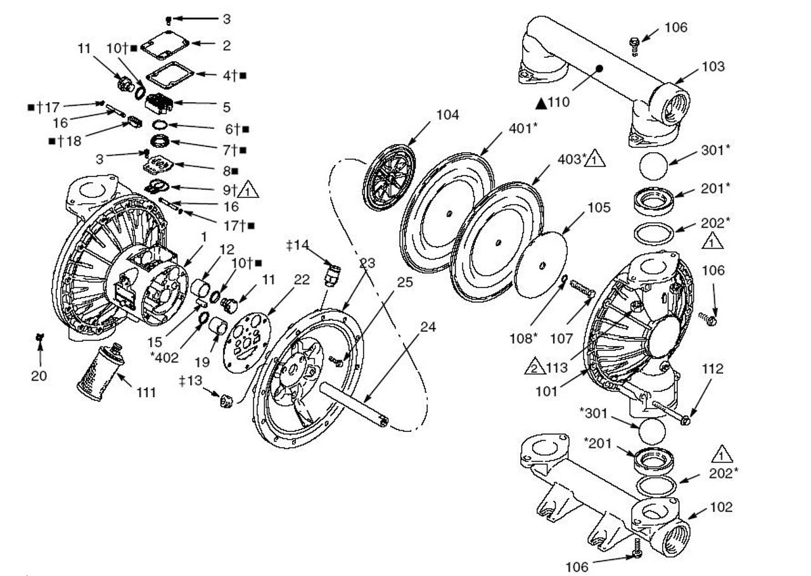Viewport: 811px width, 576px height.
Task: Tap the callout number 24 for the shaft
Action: click(428, 327)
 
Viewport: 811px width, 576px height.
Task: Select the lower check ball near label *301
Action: click(652, 431)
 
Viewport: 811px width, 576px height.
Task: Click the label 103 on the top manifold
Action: click(712, 67)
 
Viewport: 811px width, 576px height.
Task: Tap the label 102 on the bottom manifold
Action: click(720, 507)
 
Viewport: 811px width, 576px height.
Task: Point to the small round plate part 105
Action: click(540, 264)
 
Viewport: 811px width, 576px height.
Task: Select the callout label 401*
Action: click(523, 128)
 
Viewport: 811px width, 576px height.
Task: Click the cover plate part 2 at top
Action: click(166, 45)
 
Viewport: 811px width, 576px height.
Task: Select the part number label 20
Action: click(39, 376)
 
